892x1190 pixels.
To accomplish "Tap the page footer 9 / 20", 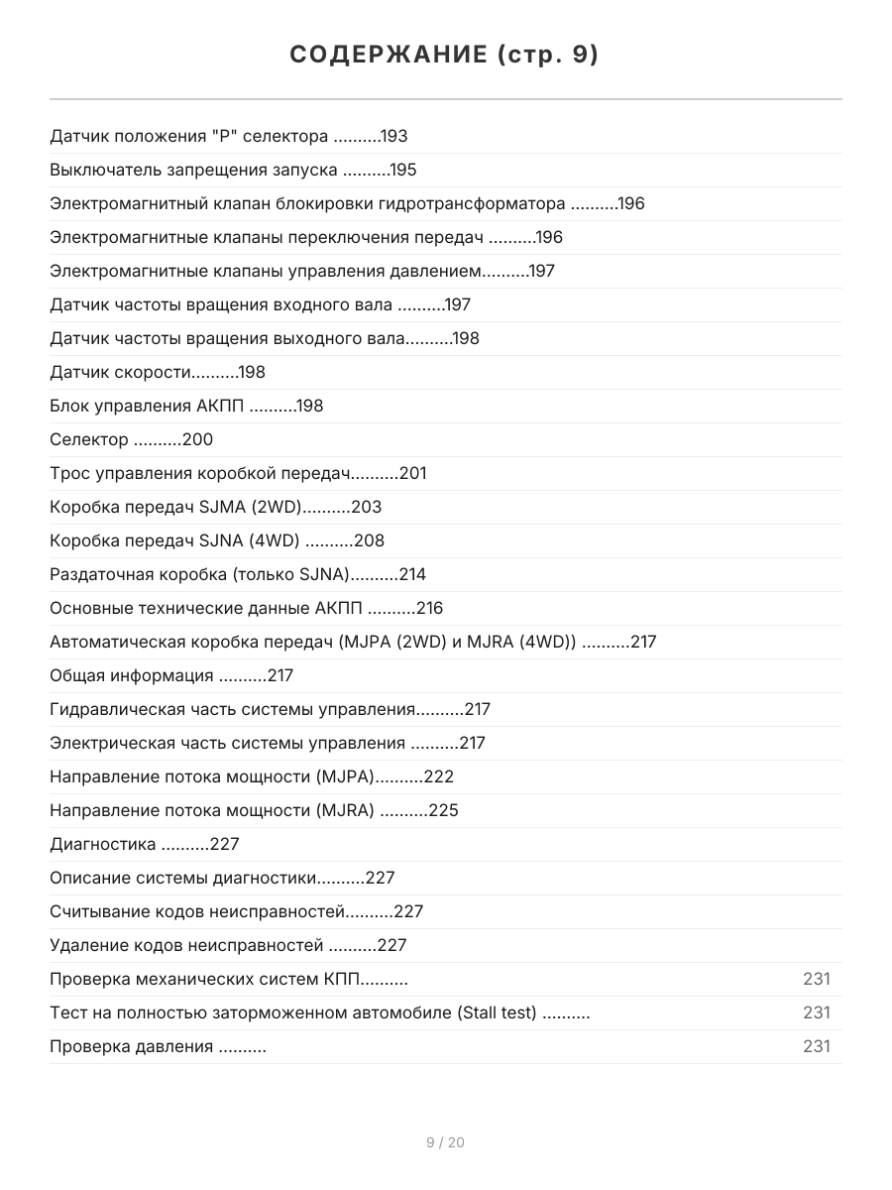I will (x=445, y=1142).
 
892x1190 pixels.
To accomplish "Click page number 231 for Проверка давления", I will (x=816, y=1047).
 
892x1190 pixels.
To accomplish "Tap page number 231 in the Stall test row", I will (x=816, y=1013).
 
